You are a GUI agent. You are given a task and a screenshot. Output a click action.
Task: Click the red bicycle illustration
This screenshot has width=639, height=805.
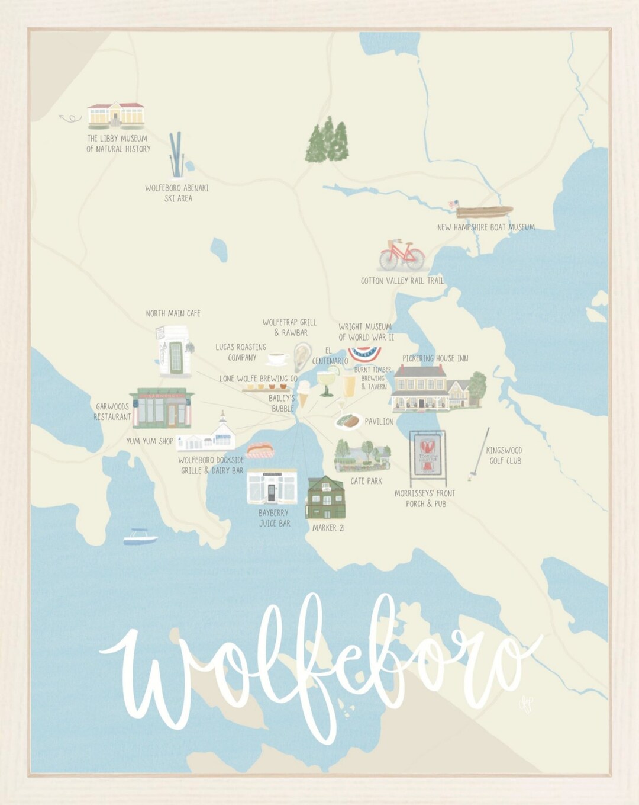tap(402, 255)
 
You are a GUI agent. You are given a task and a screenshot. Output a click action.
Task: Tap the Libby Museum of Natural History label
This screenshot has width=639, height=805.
tap(118, 144)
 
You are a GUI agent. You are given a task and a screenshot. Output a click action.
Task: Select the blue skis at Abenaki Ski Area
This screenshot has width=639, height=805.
tap(176, 155)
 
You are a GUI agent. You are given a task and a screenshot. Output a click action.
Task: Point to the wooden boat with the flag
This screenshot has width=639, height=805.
tap(483, 211)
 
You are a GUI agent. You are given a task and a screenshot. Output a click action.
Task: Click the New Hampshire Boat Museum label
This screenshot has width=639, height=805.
tap(486, 227)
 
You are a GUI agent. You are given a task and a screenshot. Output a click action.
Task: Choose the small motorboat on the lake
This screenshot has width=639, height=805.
tap(140, 537)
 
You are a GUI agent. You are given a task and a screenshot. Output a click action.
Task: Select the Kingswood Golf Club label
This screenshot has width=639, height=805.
tap(504, 456)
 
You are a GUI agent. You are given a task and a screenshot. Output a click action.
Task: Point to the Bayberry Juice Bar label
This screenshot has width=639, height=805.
tap(274, 518)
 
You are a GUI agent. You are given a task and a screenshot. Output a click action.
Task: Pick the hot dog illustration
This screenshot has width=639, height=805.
tap(260, 451)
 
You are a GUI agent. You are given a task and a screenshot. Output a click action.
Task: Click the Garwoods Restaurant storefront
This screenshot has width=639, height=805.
tap(162, 408)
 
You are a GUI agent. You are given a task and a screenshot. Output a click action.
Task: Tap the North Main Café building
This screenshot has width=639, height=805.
tap(173, 350)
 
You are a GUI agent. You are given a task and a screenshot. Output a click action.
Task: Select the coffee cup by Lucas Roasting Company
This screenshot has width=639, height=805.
tap(277, 359)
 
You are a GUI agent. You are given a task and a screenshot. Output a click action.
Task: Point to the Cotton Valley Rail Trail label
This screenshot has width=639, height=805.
tap(402, 281)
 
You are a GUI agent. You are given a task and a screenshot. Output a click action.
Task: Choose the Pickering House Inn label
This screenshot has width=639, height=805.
tap(435, 358)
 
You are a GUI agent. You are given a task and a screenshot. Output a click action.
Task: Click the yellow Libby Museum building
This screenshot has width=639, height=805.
tap(116, 114)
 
